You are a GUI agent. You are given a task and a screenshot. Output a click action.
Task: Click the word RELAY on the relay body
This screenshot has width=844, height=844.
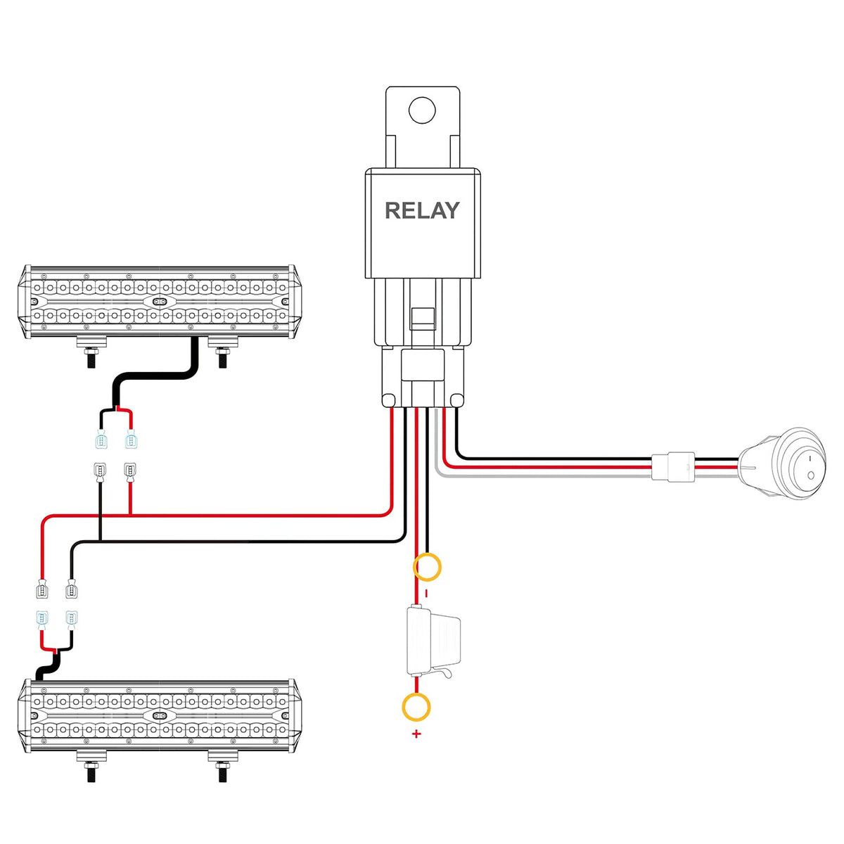point(422,210)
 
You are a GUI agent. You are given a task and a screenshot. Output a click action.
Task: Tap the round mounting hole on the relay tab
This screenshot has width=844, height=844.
point(423,110)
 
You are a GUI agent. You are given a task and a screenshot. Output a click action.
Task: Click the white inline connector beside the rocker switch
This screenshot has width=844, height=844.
point(672,466)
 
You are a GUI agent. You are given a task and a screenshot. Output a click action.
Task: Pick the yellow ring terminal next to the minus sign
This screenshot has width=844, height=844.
point(427,566)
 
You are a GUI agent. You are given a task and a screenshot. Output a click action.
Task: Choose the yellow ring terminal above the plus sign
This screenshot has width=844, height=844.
point(416,707)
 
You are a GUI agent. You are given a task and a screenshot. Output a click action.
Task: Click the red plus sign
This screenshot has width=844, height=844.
point(416,734)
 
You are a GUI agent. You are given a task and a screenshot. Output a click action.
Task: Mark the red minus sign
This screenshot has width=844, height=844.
point(426,594)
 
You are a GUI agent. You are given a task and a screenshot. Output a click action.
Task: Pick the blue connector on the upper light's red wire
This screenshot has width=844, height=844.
point(130,441)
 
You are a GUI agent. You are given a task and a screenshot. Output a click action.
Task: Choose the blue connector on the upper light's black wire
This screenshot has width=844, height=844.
point(101,441)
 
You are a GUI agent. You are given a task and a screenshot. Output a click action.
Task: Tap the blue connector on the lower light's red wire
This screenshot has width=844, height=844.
point(42,619)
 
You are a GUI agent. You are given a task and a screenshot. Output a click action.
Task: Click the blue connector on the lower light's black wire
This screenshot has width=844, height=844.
point(72,619)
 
